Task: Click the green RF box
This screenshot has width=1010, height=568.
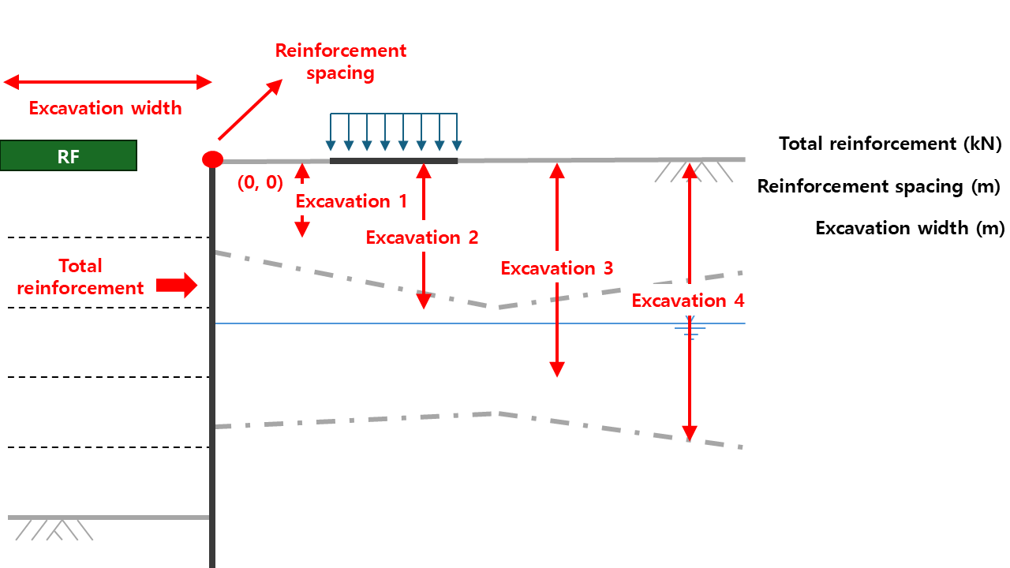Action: point(69,155)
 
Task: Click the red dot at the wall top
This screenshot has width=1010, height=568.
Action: point(212,160)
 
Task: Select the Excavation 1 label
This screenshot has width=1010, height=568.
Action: point(351,201)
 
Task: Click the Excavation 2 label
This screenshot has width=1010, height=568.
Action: point(422,237)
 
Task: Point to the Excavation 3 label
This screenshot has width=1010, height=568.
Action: point(557,268)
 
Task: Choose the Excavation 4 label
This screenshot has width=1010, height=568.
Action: point(688,301)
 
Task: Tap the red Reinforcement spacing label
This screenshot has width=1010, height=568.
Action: point(340,62)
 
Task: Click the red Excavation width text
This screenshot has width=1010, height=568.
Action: point(105,108)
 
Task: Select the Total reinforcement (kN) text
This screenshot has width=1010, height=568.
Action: point(890,144)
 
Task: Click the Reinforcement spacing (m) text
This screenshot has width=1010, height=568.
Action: point(879,186)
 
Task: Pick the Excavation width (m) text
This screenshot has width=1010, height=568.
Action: point(910,228)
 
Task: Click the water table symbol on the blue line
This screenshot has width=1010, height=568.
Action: point(690,330)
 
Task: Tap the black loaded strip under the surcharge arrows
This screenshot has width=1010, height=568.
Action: point(394,161)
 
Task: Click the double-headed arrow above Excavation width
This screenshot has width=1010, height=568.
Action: point(108,82)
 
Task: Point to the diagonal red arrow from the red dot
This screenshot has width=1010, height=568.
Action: point(249,110)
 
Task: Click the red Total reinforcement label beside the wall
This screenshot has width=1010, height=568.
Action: point(80,277)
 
